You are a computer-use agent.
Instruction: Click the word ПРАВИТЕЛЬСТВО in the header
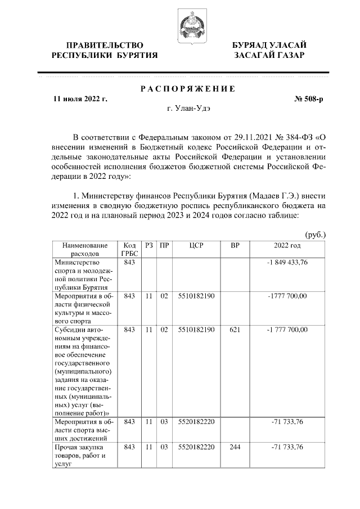pyautogui.click(x=104, y=44)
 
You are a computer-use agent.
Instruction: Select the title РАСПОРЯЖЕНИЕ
pyautogui.click(x=188, y=89)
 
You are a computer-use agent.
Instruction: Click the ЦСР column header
pyautogui.click(x=196, y=246)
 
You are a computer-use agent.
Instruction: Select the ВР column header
pyautogui.click(x=235, y=246)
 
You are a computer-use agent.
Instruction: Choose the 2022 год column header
pyautogui.click(x=287, y=246)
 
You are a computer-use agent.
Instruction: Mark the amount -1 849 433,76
pyautogui.click(x=287, y=263)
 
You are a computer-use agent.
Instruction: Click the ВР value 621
pyautogui.click(x=235, y=330)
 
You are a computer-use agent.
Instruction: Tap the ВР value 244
pyautogui.click(x=235, y=447)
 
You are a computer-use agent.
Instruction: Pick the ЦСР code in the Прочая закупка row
pyautogui.click(x=196, y=447)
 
